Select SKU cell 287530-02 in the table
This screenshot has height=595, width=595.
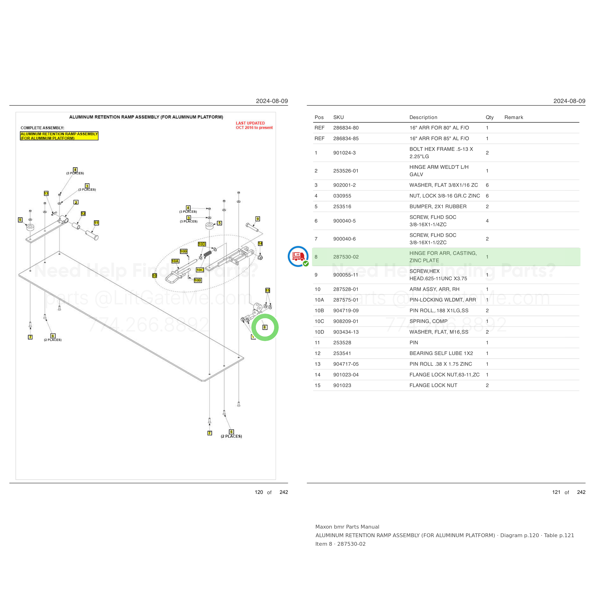[346, 257]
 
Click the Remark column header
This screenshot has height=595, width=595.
[513, 117]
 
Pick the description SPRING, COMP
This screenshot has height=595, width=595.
[428, 321]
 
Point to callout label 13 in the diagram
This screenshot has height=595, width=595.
[46, 193]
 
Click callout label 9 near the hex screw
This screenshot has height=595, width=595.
[258, 219]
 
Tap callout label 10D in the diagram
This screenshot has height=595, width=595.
[202, 244]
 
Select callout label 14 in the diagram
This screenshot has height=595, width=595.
[260, 244]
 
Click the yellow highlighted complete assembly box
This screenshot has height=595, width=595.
[59, 136]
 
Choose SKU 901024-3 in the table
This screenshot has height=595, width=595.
[344, 153]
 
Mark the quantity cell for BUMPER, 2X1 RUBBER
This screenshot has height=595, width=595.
[487, 206]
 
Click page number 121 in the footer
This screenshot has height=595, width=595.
[556, 492]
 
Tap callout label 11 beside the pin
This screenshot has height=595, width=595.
[96, 223]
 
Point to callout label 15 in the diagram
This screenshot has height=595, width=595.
[268, 290]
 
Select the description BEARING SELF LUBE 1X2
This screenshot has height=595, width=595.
[441, 353]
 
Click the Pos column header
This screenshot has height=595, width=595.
[319, 117]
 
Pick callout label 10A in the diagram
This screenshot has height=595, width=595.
[175, 261]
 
